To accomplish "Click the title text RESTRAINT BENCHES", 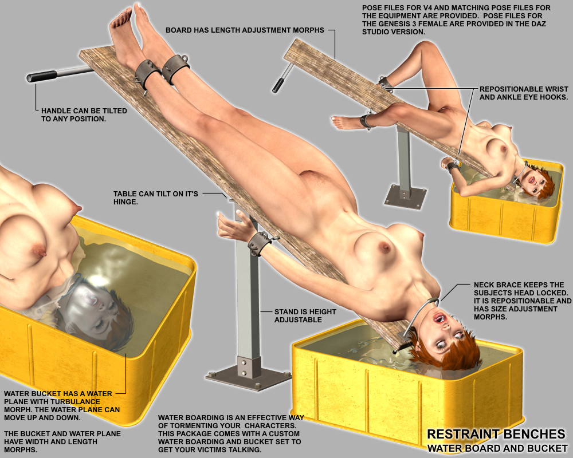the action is pos(496,434).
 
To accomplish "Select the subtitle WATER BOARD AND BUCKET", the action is pos(497,448).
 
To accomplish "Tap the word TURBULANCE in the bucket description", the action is pos(75,402).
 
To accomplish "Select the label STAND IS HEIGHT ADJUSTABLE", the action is pos(305,315).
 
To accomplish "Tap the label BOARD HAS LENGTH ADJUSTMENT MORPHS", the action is pos(245,30).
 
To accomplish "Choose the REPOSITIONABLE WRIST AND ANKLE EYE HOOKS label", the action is pos(524,93).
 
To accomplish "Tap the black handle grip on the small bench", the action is pos(278,85).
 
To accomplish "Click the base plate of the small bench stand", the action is pos(405,196).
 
